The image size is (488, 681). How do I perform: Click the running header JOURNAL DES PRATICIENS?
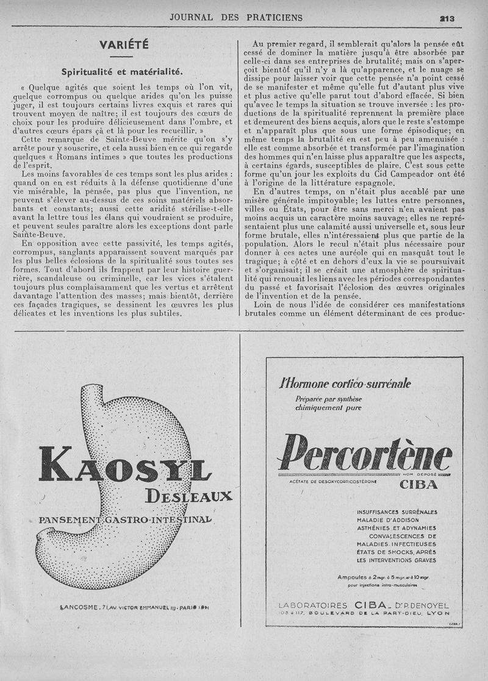point(236,18)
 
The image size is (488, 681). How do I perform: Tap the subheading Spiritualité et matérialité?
point(123,71)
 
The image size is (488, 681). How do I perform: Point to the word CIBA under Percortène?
point(418,485)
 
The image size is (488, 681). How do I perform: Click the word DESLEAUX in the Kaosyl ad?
point(189,495)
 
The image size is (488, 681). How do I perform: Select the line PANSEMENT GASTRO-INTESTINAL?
point(125,520)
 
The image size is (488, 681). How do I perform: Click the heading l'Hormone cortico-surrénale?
point(345,383)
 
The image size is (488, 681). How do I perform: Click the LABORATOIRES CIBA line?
point(363,605)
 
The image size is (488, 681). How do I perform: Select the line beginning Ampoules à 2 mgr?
point(383,577)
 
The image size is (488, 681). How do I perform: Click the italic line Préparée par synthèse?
point(328,399)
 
